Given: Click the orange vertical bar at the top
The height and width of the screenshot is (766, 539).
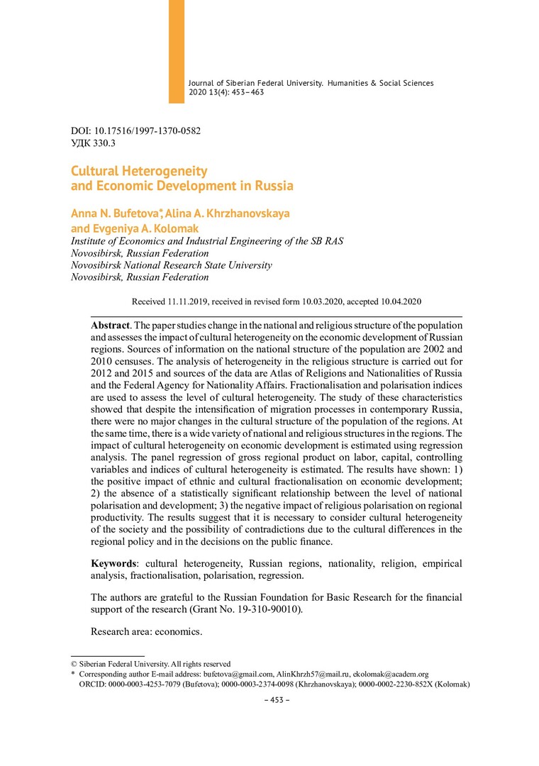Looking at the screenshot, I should tap(176, 50).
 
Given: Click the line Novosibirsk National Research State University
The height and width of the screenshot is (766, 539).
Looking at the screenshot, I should tap(172, 265).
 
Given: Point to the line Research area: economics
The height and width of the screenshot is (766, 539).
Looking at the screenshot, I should tap(147, 631).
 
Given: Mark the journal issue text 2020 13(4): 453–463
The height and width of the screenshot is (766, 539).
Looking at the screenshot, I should tap(226, 93).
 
